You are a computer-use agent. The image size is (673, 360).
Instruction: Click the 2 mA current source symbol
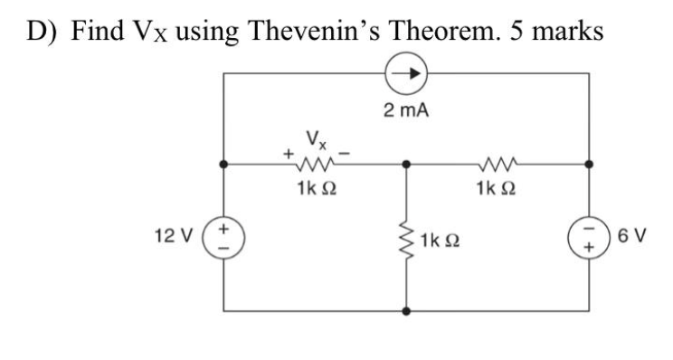[x=406, y=80]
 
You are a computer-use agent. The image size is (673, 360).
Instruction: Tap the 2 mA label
[x=406, y=113]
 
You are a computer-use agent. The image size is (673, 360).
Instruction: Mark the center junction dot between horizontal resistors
[x=406, y=166]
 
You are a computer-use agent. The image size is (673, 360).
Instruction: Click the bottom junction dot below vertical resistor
[x=406, y=310]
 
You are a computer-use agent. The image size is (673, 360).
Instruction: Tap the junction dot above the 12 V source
[x=223, y=166]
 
